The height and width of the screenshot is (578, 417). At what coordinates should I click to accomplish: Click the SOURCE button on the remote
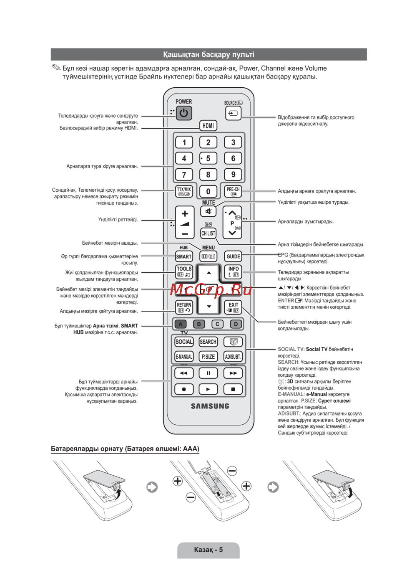(x=233, y=113)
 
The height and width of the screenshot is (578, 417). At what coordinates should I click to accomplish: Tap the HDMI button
(x=208, y=125)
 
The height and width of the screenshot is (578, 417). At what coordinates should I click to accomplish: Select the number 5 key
(x=208, y=158)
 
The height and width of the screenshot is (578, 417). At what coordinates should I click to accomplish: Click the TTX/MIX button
(x=184, y=191)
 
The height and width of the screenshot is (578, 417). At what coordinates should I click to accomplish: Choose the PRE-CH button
(x=233, y=191)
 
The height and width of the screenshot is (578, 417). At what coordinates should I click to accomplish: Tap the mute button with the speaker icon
(x=208, y=211)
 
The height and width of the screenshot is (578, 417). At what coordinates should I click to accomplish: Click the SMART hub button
(x=184, y=256)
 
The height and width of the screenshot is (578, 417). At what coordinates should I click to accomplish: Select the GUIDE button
(x=233, y=256)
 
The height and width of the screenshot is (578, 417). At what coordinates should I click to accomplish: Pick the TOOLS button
(x=184, y=272)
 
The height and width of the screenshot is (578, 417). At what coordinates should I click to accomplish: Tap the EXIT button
(x=233, y=307)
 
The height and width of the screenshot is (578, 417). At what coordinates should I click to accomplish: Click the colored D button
(x=236, y=324)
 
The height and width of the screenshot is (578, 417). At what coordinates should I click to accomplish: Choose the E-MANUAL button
(x=184, y=357)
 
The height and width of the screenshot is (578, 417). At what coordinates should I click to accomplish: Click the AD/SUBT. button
(x=233, y=357)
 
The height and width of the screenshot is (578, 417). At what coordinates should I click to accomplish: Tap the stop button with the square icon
(x=233, y=389)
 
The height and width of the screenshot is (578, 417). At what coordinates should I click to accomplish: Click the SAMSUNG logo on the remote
(x=210, y=406)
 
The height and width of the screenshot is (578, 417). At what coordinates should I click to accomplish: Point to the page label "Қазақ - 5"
(x=208, y=550)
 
